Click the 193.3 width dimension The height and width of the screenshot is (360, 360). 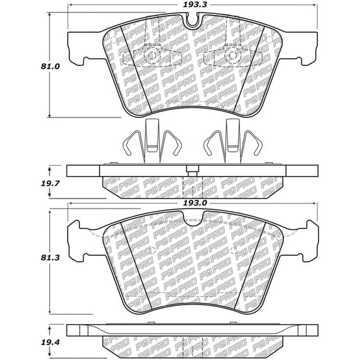point(192,4)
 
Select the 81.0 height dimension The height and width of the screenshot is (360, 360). point(50,67)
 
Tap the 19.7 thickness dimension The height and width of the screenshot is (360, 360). point(50,183)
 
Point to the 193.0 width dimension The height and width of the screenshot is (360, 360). point(192,203)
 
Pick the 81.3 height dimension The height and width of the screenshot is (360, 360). point(50,258)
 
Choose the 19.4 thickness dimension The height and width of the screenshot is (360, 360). point(50,342)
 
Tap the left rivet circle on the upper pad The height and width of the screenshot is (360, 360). point(151,55)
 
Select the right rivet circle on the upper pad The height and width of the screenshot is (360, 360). point(232,55)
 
